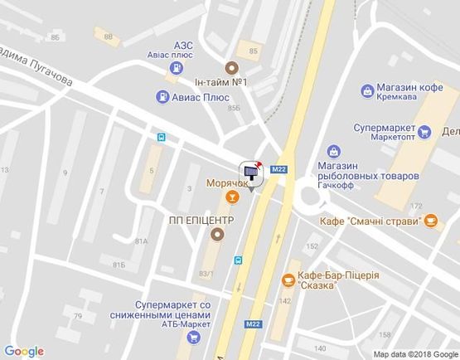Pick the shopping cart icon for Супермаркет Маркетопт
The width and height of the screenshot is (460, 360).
tap(424, 130)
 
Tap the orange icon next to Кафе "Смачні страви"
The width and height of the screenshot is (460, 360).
tap(431, 221)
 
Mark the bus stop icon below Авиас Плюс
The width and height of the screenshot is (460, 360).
tap(161, 138)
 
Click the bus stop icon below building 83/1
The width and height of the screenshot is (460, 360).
tap(239, 260)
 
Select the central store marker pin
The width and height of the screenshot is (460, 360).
tap(250, 171)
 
